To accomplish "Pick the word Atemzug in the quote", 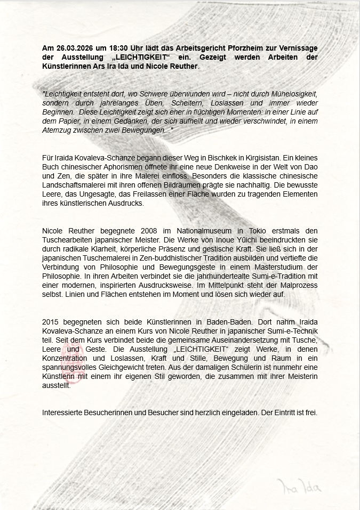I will coord(57,131).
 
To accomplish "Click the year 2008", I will coord(148,230).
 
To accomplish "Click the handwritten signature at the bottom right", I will coord(299,486).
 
